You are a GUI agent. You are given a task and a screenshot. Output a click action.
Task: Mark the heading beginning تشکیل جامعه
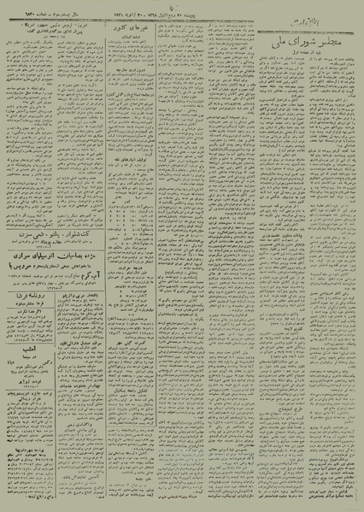128,359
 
